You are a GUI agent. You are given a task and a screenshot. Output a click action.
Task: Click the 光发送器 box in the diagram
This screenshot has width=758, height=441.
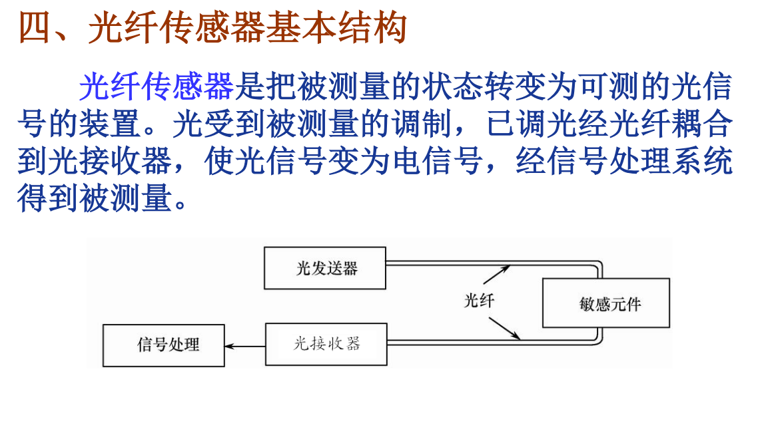pos(324,268)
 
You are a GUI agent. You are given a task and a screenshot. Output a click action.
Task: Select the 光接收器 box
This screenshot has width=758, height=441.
pos(326,344)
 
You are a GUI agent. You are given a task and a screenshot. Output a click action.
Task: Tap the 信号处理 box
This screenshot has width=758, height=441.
pos(163,345)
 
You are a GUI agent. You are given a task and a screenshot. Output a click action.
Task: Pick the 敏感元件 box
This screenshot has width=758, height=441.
pos(605,303)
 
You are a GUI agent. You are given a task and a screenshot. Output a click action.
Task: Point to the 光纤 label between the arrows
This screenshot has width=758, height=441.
pos(479,301)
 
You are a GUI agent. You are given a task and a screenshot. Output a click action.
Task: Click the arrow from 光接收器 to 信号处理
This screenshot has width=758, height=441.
pos(244,346)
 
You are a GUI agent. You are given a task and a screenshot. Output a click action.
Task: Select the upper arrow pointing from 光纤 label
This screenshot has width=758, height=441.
pos(496,274)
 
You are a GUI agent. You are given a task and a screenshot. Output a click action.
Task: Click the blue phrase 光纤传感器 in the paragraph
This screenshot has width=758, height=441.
pos(157,86)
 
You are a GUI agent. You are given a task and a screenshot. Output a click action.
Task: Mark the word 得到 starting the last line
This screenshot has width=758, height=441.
pos(48,198)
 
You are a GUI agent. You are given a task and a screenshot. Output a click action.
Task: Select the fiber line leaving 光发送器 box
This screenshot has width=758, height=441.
pos(466,263)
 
